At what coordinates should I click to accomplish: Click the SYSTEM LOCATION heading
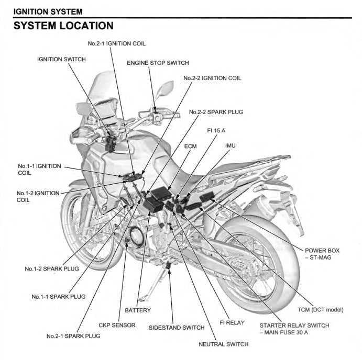coord(63,25)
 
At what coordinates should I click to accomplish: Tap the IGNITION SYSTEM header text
coord(48,10)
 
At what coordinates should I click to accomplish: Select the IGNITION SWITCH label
coord(61,59)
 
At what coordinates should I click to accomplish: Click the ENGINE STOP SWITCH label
coord(158,63)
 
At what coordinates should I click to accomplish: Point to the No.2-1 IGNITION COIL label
coord(117,43)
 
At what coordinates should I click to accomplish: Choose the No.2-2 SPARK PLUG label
coord(216,112)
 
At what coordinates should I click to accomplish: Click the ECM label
coord(190,147)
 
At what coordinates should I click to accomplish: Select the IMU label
coord(231,144)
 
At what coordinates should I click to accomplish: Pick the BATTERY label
coord(138,310)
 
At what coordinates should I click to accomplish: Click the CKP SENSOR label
coord(117,325)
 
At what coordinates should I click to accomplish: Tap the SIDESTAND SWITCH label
coord(177,328)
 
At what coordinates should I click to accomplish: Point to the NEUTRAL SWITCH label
coord(223,344)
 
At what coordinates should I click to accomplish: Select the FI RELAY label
coord(232,323)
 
